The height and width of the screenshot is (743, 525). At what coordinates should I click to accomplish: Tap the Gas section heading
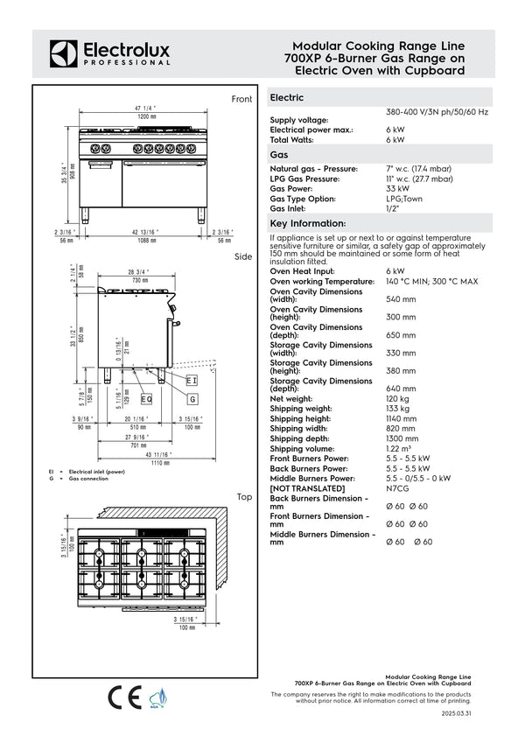pos(280,154)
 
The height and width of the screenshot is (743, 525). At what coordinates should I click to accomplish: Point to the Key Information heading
pos(309,224)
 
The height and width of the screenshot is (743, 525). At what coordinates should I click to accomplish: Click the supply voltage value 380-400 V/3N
pos(437,113)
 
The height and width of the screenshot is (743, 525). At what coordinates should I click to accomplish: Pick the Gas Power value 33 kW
pos(397,188)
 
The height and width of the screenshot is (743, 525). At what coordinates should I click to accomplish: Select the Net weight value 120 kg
pos(398,398)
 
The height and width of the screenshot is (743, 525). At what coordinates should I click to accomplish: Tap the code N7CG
pos(399,487)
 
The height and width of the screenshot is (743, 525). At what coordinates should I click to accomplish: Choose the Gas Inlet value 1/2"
pos(392,208)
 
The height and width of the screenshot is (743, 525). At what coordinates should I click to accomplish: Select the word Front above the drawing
pos(241,100)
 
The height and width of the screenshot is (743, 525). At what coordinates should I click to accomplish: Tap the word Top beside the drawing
pos(244,497)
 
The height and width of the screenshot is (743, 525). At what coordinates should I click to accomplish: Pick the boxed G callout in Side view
pos(192,398)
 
